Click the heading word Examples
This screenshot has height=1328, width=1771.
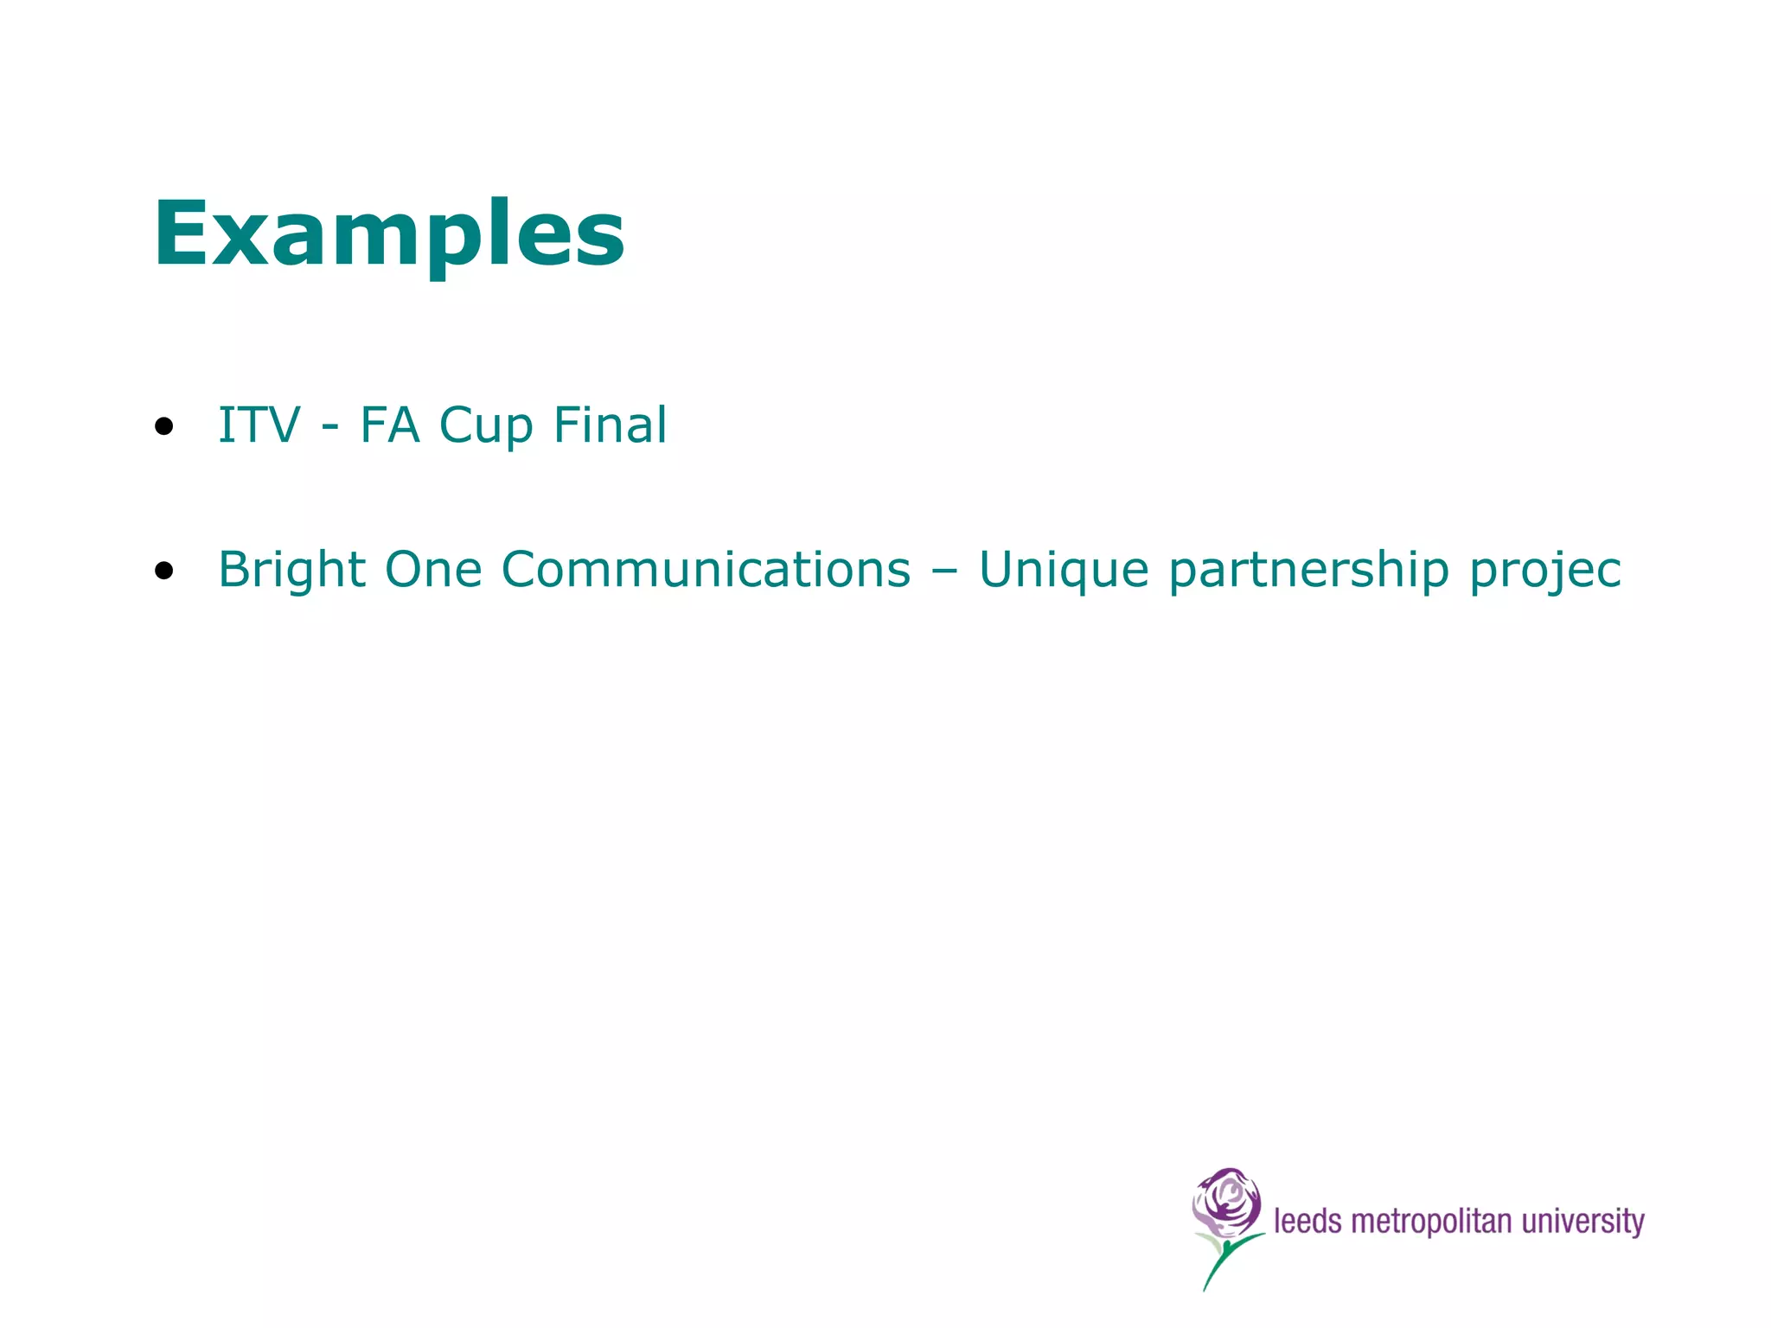[x=389, y=233]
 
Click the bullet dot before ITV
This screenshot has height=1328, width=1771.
[x=164, y=426]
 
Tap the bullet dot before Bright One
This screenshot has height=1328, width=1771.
[x=164, y=571]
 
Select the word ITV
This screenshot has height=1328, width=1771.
[x=259, y=425]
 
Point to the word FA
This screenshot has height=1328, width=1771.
[x=390, y=425]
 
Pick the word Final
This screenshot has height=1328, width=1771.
[x=610, y=425]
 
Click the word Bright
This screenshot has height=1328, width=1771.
[x=291, y=571]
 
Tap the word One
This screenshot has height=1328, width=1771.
[x=433, y=571]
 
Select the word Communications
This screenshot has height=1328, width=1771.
[x=706, y=571]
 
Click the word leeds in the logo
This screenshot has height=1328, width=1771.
[x=1307, y=1222]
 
